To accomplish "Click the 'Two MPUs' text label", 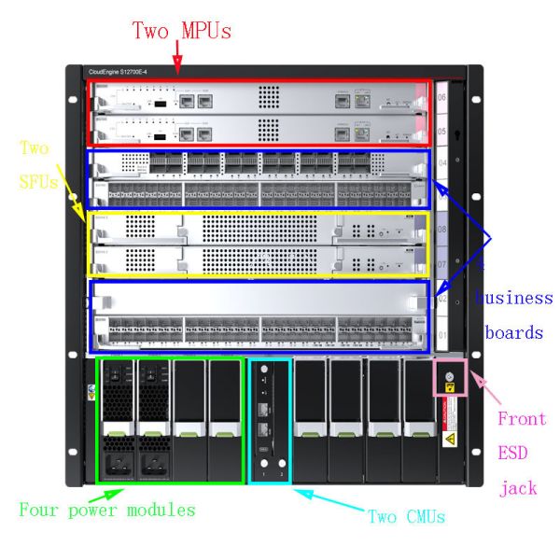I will coord(181,31).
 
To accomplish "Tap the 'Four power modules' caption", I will coord(107,511).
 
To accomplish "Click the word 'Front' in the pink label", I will coord(521,418).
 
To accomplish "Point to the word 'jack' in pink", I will coord(517,486).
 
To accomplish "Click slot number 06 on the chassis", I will coord(441,96).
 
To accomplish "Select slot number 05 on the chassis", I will coord(441,132).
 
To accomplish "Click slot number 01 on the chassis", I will coord(441,334).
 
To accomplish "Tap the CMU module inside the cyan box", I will coord(270,420).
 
